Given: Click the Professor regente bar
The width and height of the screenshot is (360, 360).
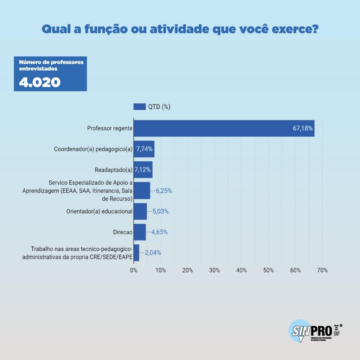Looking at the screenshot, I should pyautogui.click(x=211, y=128).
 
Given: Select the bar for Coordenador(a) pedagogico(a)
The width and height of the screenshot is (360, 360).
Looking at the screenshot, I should pyautogui.click(x=144, y=149).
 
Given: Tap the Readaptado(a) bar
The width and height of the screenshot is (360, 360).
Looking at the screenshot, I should pyautogui.click(x=143, y=170).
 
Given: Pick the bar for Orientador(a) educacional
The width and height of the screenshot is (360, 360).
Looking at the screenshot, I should pyautogui.click(x=140, y=211).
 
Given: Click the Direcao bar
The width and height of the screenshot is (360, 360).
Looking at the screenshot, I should pyautogui.click(x=140, y=232).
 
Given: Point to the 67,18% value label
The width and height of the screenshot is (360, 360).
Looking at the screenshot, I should pyautogui.click(x=303, y=128).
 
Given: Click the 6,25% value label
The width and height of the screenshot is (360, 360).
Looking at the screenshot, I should pyautogui.click(x=164, y=191).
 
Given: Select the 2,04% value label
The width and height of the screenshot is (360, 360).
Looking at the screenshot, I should pyautogui.click(x=153, y=252).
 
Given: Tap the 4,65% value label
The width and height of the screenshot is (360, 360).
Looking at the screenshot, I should pyautogui.click(x=159, y=232).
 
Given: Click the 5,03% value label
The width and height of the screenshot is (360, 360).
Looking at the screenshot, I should pyautogui.click(x=161, y=211).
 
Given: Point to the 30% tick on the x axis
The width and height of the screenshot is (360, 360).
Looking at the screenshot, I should pyautogui.click(x=214, y=270).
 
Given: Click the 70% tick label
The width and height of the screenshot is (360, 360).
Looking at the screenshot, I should pyautogui.click(x=322, y=270).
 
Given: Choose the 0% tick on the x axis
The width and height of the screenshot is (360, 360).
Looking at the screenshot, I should pyautogui.click(x=134, y=270).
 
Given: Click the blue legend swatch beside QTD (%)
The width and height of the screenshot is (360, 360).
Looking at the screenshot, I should pyautogui.click(x=140, y=107).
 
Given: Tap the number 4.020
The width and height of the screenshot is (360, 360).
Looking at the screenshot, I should pyautogui.click(x=39, y=82).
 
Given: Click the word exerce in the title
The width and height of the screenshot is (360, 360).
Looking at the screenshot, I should pyautogui.click(x=295, y=29).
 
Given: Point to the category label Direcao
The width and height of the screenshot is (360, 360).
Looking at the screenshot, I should pyautogui.click(x=123, y=232).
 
